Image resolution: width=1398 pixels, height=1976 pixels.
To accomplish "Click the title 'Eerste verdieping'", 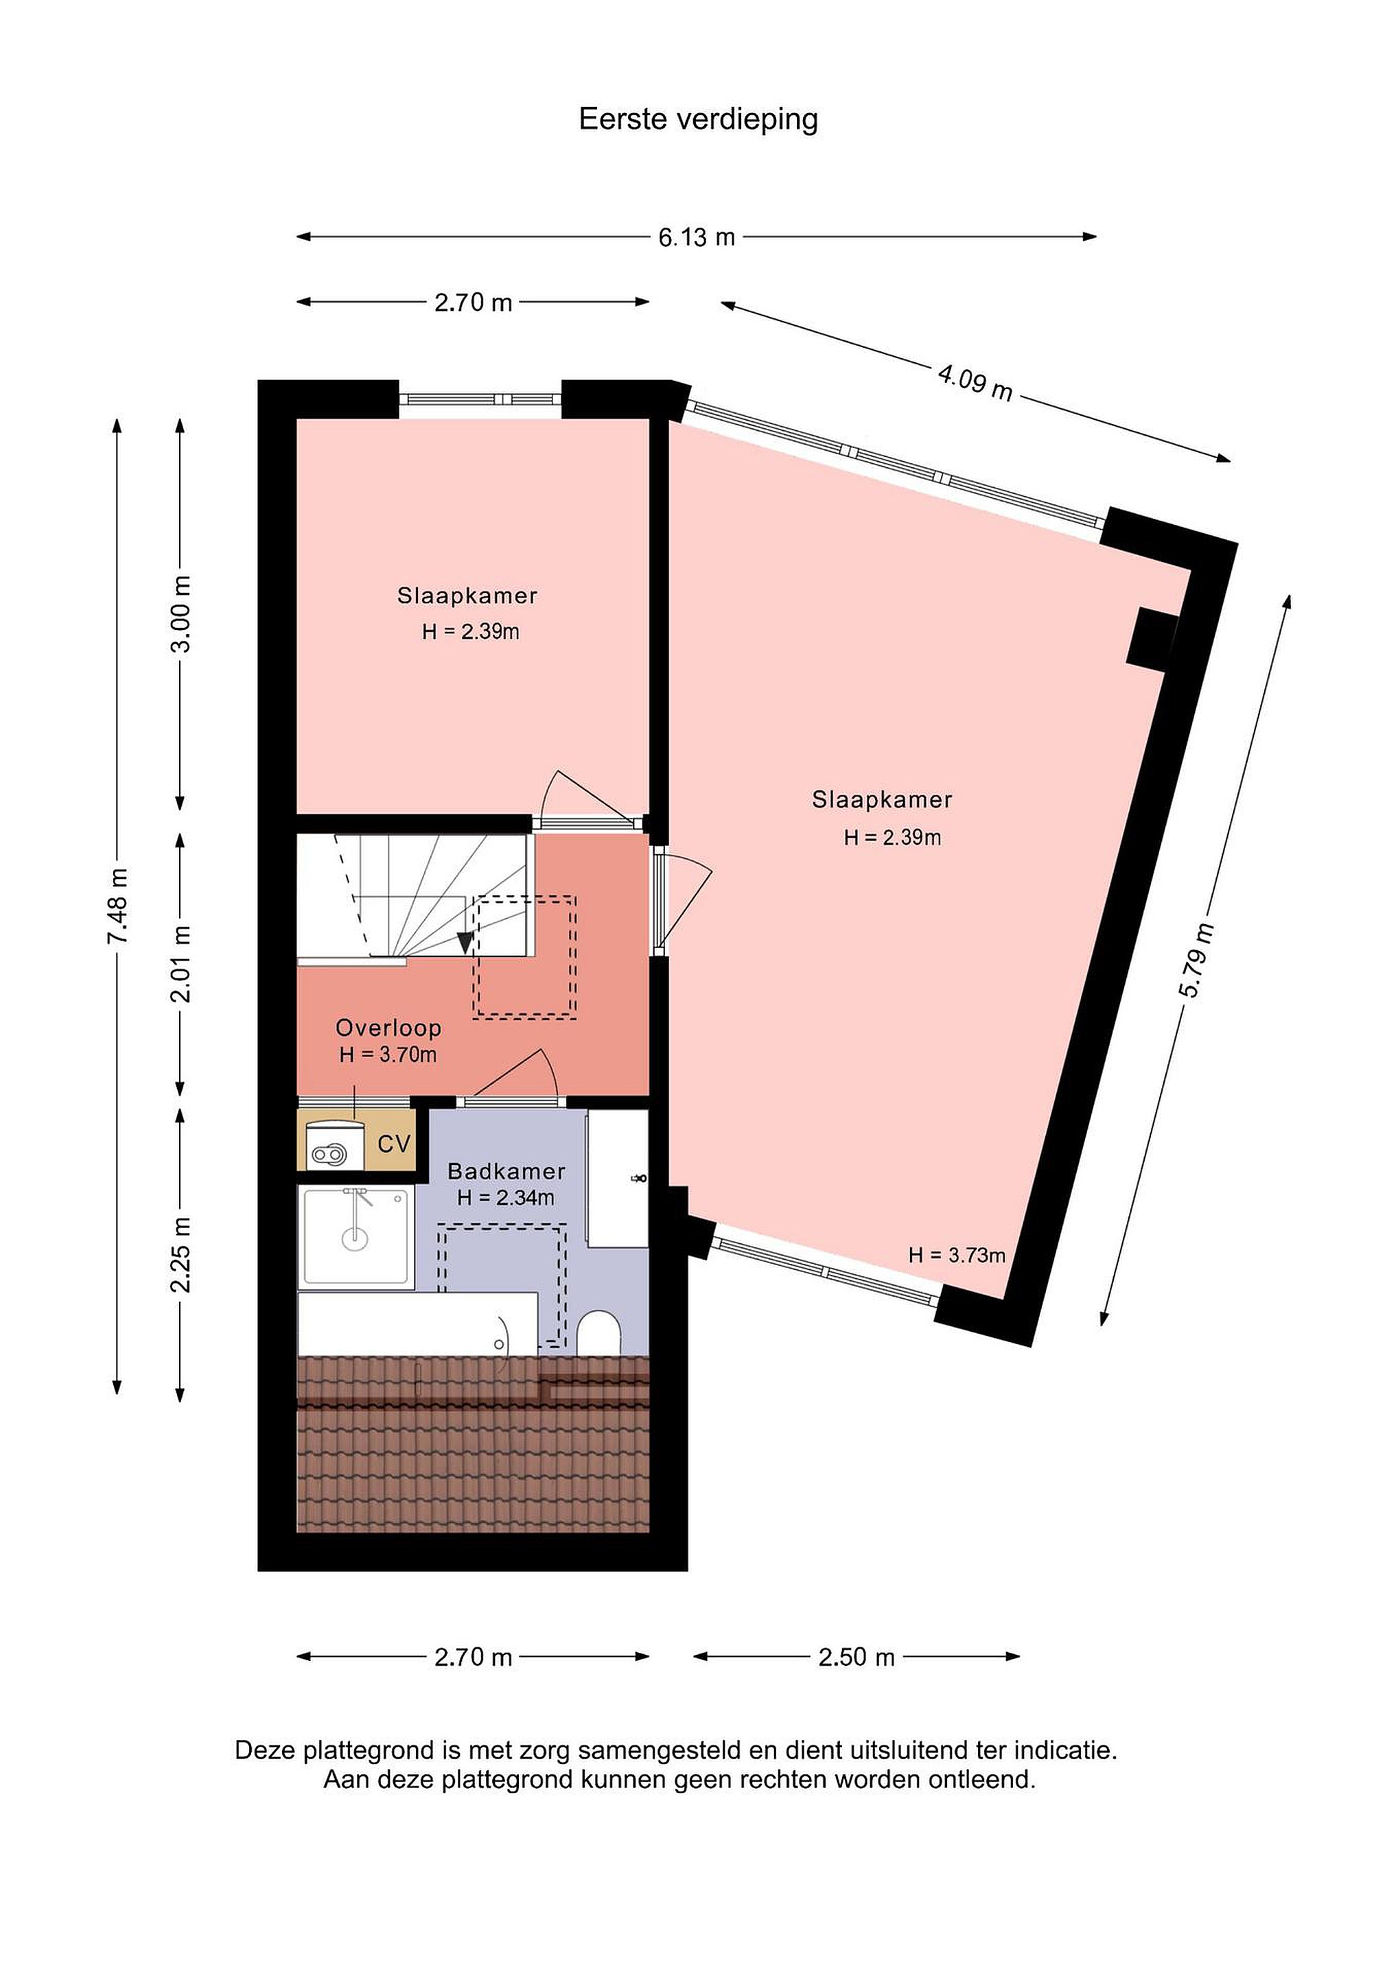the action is (698, 119).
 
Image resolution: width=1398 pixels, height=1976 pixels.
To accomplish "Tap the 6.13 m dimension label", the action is (697, 237).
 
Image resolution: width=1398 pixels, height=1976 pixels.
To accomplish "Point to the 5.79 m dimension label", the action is (1196, 960).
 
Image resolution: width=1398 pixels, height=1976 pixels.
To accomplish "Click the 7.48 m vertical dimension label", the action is (118, 906).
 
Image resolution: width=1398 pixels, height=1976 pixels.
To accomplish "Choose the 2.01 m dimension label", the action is (182, 965).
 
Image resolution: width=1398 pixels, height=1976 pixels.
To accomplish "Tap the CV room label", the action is (394, 1144).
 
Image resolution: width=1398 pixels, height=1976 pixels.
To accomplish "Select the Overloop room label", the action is (388, 1028).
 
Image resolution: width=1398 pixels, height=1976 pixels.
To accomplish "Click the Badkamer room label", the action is (506, 1171).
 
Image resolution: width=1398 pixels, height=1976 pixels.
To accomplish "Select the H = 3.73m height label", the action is (957, 1256).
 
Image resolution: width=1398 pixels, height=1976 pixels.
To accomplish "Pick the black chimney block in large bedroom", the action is (1153, 637).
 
